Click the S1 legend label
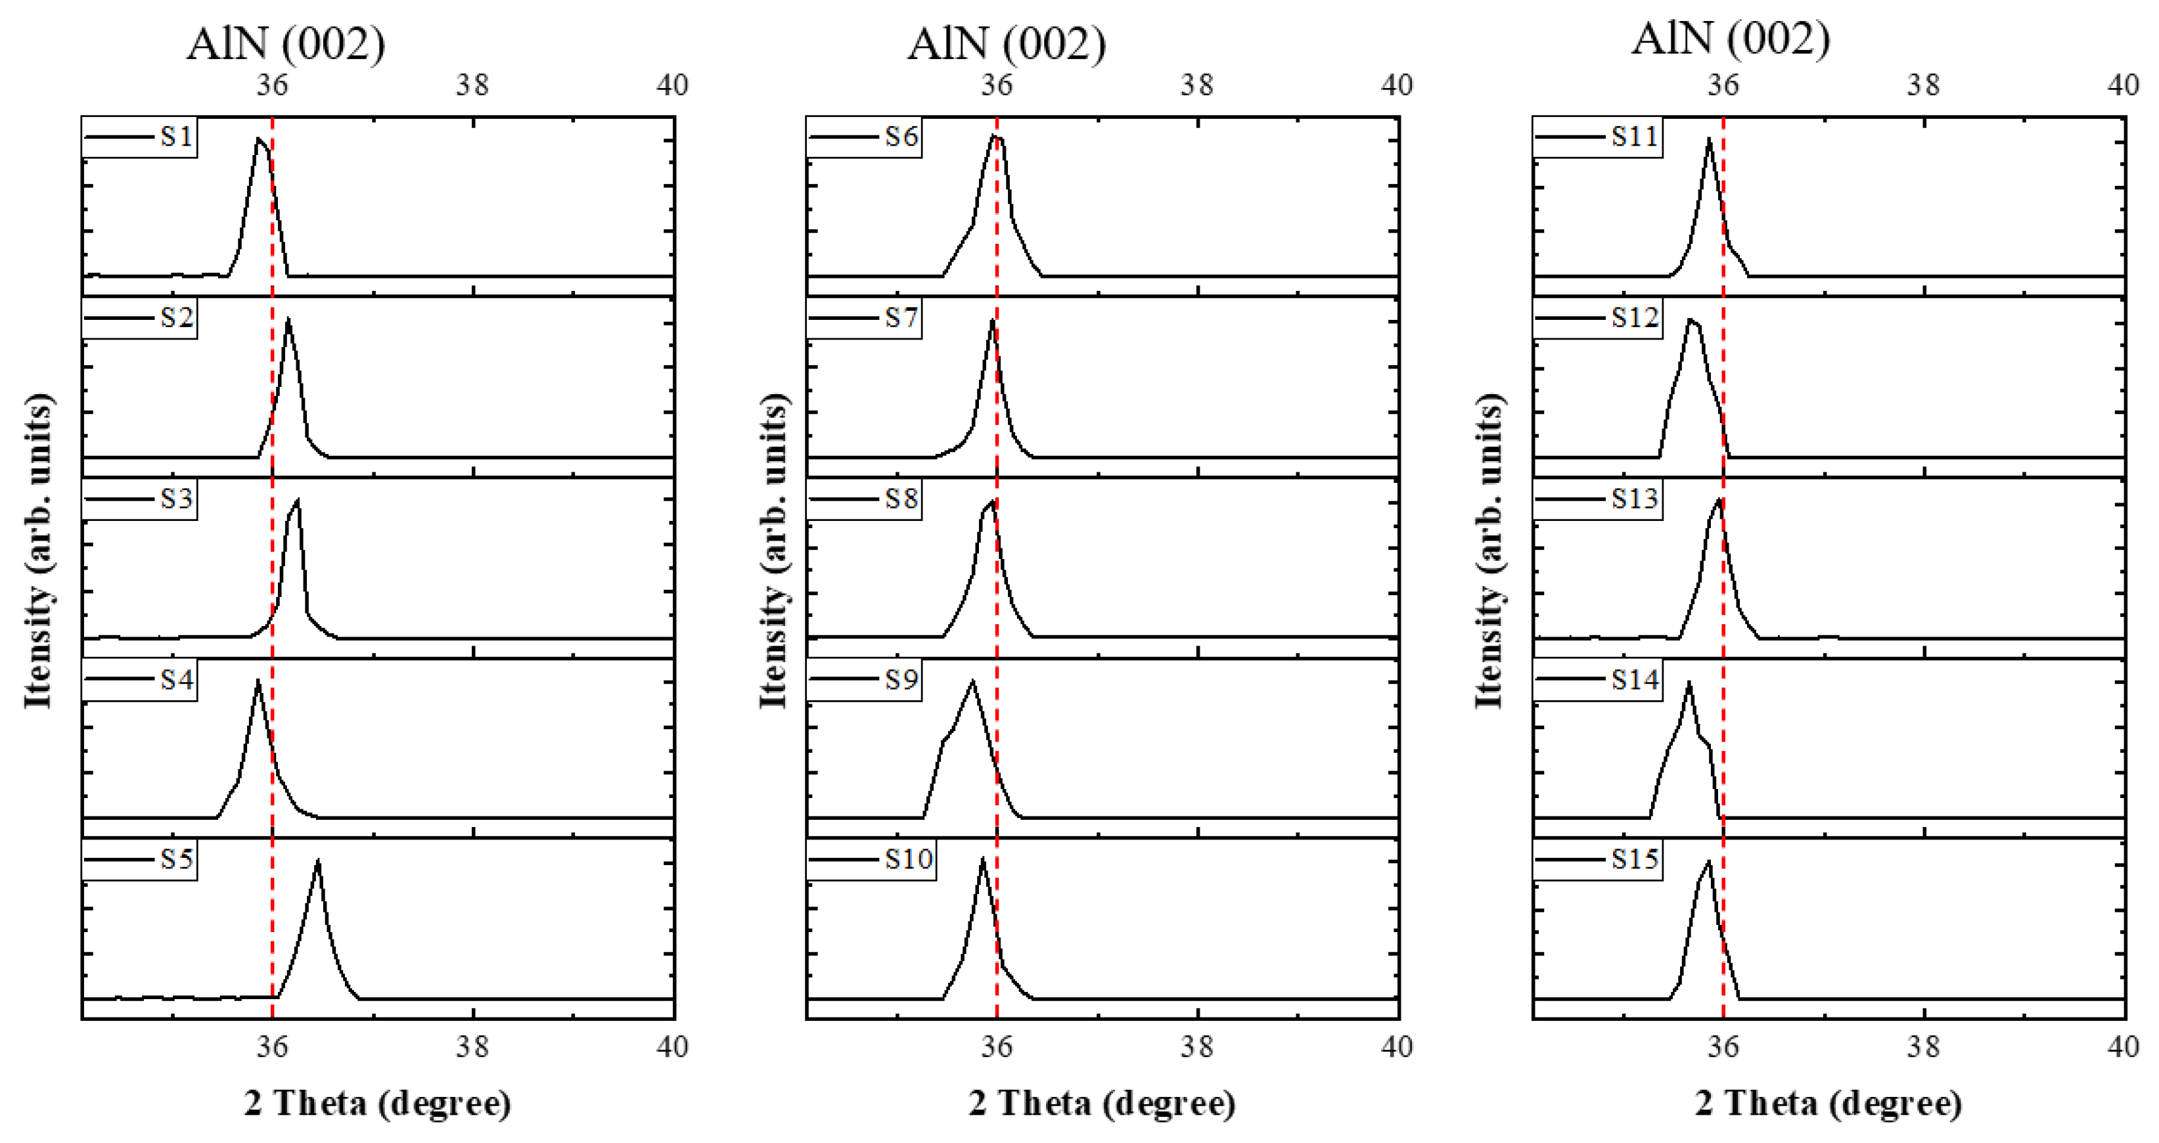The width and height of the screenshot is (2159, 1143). (176, 137)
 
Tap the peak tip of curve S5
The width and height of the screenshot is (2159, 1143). (317, 861)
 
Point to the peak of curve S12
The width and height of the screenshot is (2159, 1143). (1691, 320)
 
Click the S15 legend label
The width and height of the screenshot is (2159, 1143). (1634, 860)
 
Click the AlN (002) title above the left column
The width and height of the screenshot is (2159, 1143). (286, 43)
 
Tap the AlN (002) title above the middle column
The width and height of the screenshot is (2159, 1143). (1007, 43)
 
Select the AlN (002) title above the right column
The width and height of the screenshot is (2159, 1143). (1731, 39)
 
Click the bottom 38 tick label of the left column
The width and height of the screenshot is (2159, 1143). (472, 1046)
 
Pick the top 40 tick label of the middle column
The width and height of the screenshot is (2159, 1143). (1396, 85)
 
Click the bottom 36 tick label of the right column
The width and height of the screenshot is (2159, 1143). (1723, 1046)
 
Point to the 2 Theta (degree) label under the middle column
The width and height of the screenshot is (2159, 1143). (1102, 1103)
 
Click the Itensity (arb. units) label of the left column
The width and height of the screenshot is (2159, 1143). (37, 550)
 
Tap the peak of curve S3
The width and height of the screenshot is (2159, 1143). (298, 501)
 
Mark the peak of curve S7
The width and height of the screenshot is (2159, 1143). (992, 320)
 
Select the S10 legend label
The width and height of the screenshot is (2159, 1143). (909, 860)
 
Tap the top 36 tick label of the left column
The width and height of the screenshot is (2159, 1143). (273, 85)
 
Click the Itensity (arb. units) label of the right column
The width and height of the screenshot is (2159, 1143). (1489, 550)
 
